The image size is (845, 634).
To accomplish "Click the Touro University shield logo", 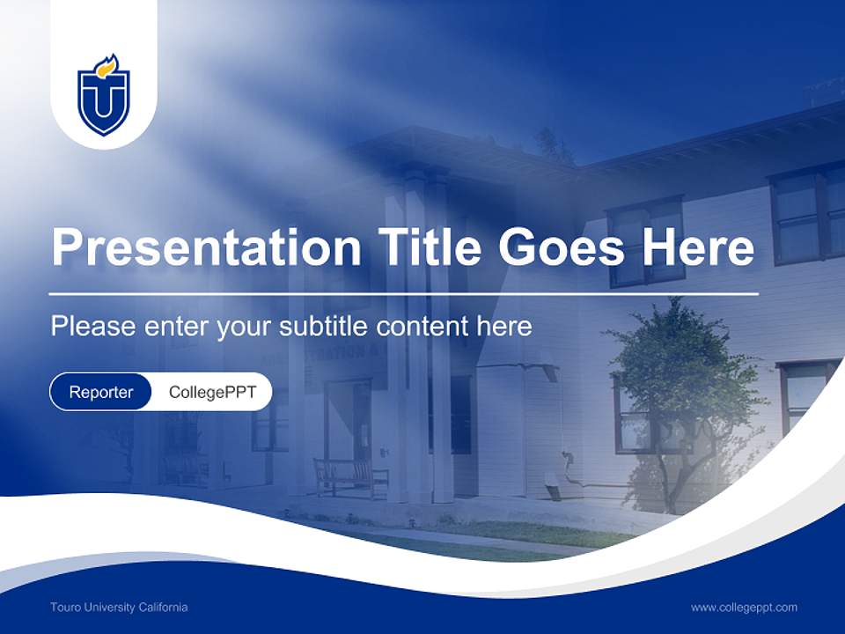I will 104,97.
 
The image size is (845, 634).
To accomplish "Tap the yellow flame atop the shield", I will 107,66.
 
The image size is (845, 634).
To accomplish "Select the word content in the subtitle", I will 425,327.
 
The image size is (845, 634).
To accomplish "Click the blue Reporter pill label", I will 100,392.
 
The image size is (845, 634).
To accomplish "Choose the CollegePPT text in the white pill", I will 211,392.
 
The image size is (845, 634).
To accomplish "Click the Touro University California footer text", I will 119,607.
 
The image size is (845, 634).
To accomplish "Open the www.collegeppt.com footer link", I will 744,607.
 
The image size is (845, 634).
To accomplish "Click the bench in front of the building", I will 350,476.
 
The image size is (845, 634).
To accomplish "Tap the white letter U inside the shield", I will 104,104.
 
